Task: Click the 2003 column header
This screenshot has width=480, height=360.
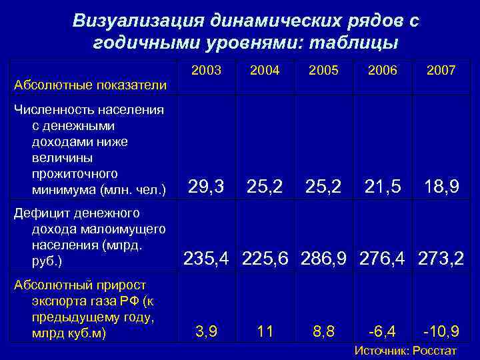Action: [x=206, y=70]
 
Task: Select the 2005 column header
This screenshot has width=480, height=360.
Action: [x=324, y=70]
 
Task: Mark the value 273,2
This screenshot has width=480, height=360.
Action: [x=441, y=257]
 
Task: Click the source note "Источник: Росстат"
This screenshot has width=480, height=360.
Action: [x=405, y=351]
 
